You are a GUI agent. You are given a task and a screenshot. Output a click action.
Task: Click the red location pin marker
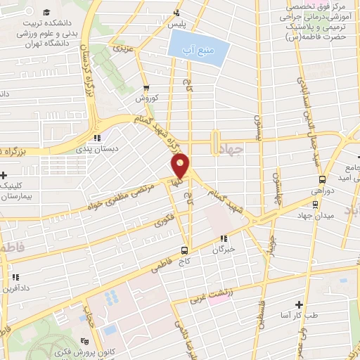pyautogui.click(x=181, y=167)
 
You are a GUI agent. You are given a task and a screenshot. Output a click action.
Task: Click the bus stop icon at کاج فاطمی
pyautogui.click(x=184, y=250)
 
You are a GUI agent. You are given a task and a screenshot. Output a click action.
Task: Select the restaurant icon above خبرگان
pyautogui.click(x=224, y=238)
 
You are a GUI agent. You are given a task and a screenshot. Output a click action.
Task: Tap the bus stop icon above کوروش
pyautogui.click(x=146, y=89)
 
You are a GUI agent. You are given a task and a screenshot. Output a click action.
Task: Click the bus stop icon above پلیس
pyautogui.click(x=178, y=13)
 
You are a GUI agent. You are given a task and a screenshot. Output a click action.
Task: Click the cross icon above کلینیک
pyautogui.click(x=4, y=176)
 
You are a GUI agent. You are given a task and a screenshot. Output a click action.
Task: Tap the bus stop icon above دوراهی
pyautogui.click(x=322, y=179)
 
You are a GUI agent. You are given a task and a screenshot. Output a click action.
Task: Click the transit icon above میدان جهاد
pyautogui.click(x=315, y=204)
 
